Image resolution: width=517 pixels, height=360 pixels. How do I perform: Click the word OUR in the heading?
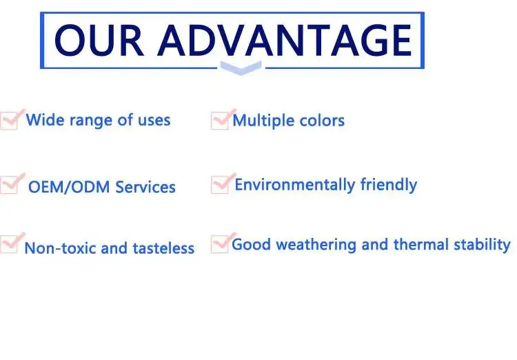click(99, 40)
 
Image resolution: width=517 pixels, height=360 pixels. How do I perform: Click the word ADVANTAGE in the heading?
click(285, 40)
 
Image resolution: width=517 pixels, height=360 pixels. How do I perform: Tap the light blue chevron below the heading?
click(241, 68)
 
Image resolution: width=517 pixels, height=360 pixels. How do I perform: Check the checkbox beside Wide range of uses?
click(12, 119)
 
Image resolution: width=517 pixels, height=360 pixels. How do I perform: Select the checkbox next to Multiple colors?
click(223, 119)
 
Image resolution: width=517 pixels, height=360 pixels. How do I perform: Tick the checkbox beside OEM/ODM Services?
click(12, 183)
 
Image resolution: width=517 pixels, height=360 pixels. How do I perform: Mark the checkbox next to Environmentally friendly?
click(223, 183)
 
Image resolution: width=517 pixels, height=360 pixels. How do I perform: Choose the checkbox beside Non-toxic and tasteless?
click(12, 243)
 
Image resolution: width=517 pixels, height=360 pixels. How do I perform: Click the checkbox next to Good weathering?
click(223, 243)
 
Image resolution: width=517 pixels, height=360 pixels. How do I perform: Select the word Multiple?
click(258, 121)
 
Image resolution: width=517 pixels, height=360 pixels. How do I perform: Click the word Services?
click(145, 187)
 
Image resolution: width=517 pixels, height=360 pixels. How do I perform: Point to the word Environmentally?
click(295, 185)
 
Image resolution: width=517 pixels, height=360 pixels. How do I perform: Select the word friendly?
click(389, 185)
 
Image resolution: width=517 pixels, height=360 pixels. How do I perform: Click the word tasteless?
click(163, 248)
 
